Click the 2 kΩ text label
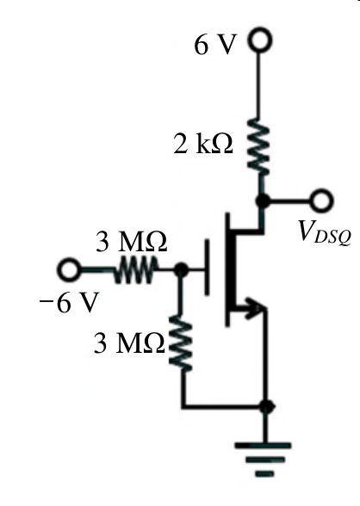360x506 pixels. pyautogui.click(x=203, y=144)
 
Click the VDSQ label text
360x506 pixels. pyautogui.click(x=325, y=232)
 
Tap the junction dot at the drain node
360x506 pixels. pyautogui.click(x=263, y=201)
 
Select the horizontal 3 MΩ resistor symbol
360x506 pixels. pyautogui.click(x=135, y=270)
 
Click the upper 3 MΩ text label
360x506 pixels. pyautogui.click(x=132, y=242)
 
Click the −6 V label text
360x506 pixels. pyautogui.click(x=68, y=302)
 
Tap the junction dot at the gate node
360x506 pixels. pyautogui.click(x=181, y=270)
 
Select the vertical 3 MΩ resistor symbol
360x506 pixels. pyautogui.click(x=181, y=342)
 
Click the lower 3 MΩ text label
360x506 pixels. pyautogui.click(x=129, y=342)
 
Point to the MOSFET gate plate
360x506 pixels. pyautogui.click(x=207, y=267)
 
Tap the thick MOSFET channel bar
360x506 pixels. pyautogui.click(x=231, y=269)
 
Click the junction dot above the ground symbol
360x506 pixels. pyautogui.click(x=266, y=406)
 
